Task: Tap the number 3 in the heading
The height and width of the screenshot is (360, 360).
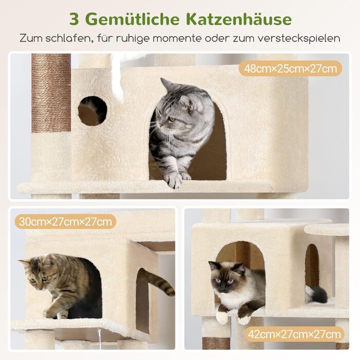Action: (74, 20)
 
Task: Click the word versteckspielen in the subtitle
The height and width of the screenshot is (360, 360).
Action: (298, 39)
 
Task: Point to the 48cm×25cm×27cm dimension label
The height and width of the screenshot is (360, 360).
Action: (290, 68)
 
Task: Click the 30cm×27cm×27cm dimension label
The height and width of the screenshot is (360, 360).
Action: (65, 222)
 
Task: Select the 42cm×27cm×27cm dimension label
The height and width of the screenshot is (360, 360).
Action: (294, 334)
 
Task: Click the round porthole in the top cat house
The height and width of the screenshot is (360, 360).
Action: (93, 111)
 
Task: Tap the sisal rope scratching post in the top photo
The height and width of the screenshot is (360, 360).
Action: (51, 93)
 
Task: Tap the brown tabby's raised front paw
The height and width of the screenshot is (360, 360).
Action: (49, 313)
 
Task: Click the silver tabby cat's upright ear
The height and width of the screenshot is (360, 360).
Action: (167, 84)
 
